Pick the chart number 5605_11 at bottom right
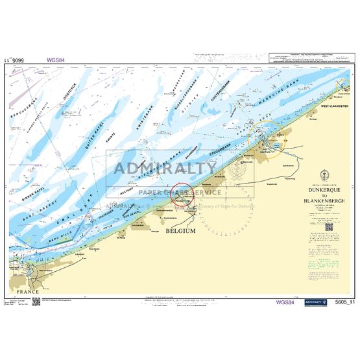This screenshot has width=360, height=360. [342, 302]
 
